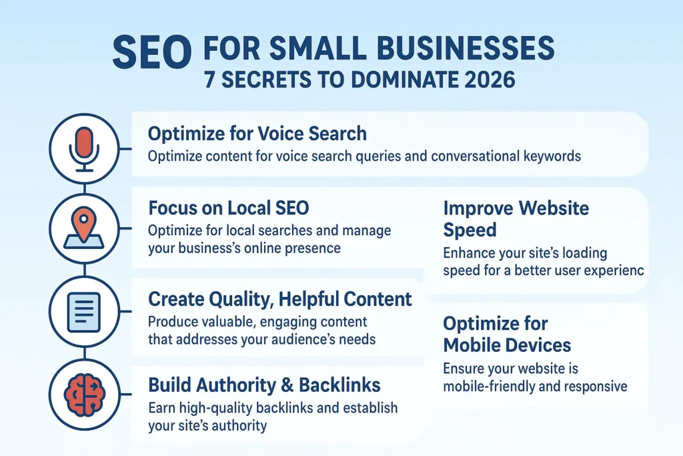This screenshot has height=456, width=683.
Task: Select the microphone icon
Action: (x=83, y=148)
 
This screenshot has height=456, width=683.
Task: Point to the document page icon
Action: (x=83, y=312)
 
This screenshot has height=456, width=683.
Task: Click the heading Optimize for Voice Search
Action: (x=257, y=134)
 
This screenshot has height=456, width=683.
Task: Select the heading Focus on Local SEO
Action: (x=229, y=208)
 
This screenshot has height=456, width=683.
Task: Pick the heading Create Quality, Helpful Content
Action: (x=280, y=299)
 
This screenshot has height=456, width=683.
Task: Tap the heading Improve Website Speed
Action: (x=516, y=218)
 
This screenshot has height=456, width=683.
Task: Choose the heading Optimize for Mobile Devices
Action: (x=507, y=334)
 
